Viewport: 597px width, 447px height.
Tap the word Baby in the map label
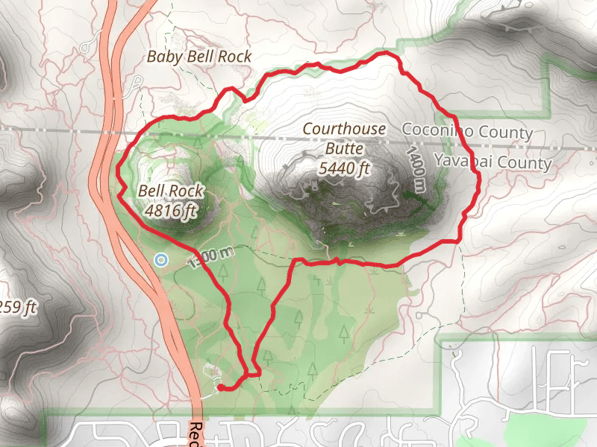161,57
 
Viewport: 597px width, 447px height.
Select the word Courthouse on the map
344,129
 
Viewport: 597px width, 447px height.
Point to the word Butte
344,149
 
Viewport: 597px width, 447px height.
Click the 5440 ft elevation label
344,169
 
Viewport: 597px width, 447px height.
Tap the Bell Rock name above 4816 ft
170,191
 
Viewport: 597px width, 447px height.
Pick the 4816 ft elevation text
172,211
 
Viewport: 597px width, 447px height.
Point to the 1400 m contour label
416,168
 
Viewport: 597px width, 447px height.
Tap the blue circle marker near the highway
160,259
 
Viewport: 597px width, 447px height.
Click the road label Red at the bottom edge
196,433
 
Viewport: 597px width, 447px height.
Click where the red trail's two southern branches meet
252,370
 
